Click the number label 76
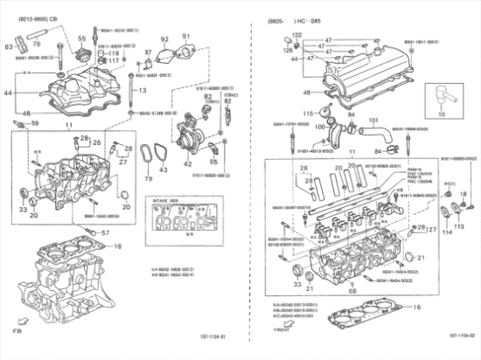coord(37,41)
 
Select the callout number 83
coord(8,45)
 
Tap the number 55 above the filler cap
coord(81,39)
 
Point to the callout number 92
coord(164,39)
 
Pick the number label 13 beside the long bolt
coord(140,90)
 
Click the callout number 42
coord(187,163)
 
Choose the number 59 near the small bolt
coord(35,123)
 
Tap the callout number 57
coord(105,232)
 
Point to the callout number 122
coord(296,34)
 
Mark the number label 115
coord(307,114)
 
